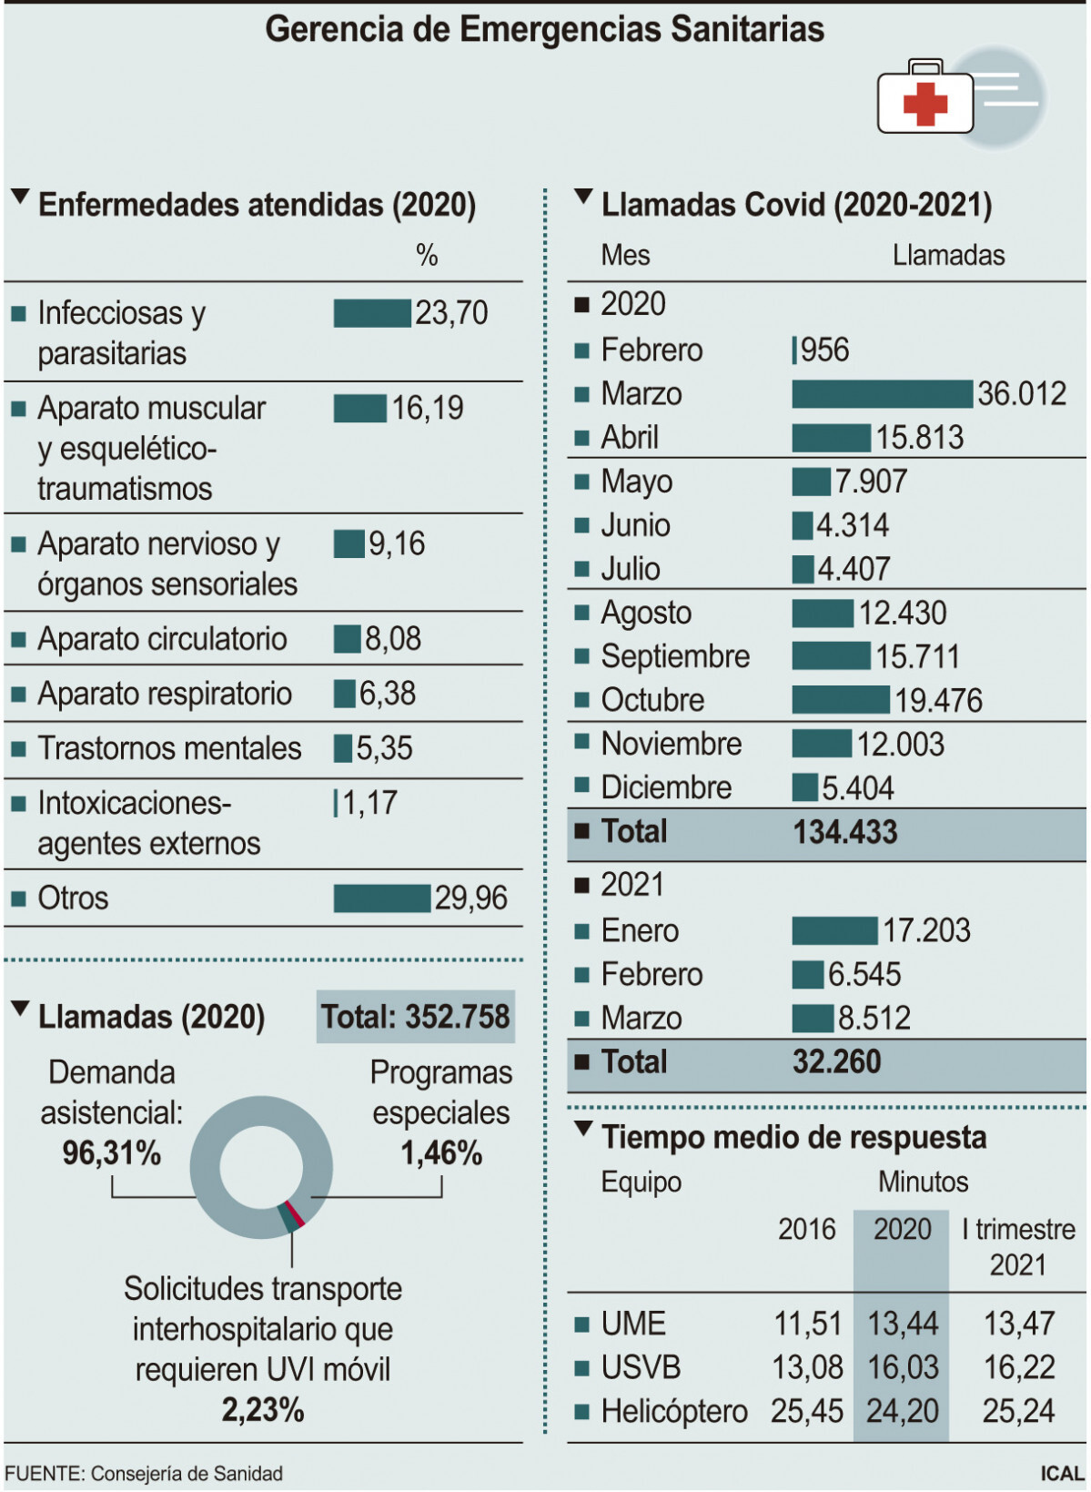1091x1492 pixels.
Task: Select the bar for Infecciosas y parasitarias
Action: [x=372, y=313]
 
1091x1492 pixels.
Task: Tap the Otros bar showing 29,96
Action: [x=381, y=898]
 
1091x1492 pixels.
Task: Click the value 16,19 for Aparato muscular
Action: [x=428, y=409]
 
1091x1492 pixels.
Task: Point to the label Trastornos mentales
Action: [x=169, y=748]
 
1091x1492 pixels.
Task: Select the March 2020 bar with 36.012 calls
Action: [x=882, y=394]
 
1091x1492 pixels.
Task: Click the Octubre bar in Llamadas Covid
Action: [x=840, y=700]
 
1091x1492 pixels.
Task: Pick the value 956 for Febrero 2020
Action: [x=824, y=350]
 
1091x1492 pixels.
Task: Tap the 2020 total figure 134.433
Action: [x=845, y=832]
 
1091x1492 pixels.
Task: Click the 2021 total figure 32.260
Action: [x=837, y=1062]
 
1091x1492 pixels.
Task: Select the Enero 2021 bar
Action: [x=834, y=930]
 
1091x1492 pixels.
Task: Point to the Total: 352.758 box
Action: [x=416, y=1017]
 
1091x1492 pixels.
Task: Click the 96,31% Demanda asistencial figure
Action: [x=112, y=1153]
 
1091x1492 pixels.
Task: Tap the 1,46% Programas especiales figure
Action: [x=441, y=1153]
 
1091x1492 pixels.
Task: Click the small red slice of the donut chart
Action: [x=294, y=1213]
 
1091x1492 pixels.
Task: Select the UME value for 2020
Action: [x=903, y=1324]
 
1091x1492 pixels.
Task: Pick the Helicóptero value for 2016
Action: [x=807, y=1411]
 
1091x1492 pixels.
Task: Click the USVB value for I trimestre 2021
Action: [x=1019, y=1367]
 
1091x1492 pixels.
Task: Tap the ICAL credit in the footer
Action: [x=1062, y=1473]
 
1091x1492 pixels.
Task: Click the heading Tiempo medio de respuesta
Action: [x=793, y=1137]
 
